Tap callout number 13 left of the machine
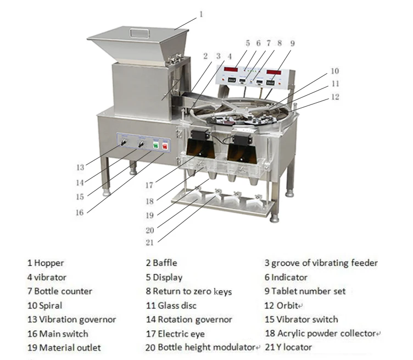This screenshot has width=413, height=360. point(80,168)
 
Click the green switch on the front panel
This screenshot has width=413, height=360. point(155,146)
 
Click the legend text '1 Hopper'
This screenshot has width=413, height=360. point(46,263)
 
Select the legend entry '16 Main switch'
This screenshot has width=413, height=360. point(58,333)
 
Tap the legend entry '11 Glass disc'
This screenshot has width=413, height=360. point(171,305)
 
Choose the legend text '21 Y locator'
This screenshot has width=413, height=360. point(288,347)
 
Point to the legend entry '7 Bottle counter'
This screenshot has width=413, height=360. point(60,291)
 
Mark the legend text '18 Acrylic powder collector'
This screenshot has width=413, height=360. point(321,333)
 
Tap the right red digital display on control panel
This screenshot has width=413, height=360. point(275,71)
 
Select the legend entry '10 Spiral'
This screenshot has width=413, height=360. point(45,305)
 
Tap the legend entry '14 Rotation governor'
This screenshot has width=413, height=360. point(189,319)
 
